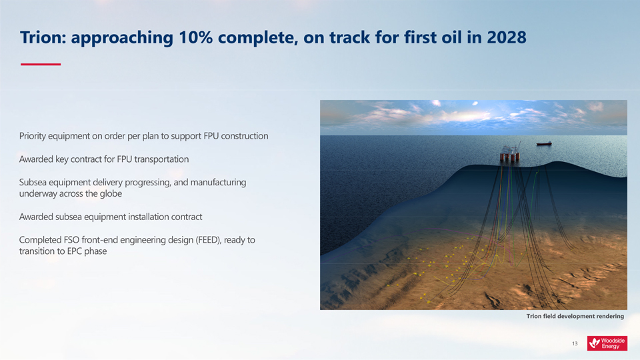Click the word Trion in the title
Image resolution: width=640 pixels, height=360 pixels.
43,37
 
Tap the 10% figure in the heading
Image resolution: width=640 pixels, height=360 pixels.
195,37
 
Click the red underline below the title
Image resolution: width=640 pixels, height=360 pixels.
41,64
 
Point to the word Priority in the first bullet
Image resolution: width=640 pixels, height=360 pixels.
32,136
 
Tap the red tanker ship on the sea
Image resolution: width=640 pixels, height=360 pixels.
544,144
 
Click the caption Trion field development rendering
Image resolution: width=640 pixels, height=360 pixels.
575,316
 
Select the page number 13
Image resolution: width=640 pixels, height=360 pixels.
575,344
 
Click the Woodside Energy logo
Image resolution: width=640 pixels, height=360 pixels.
607,343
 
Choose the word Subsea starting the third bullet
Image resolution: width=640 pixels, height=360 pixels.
31,183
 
